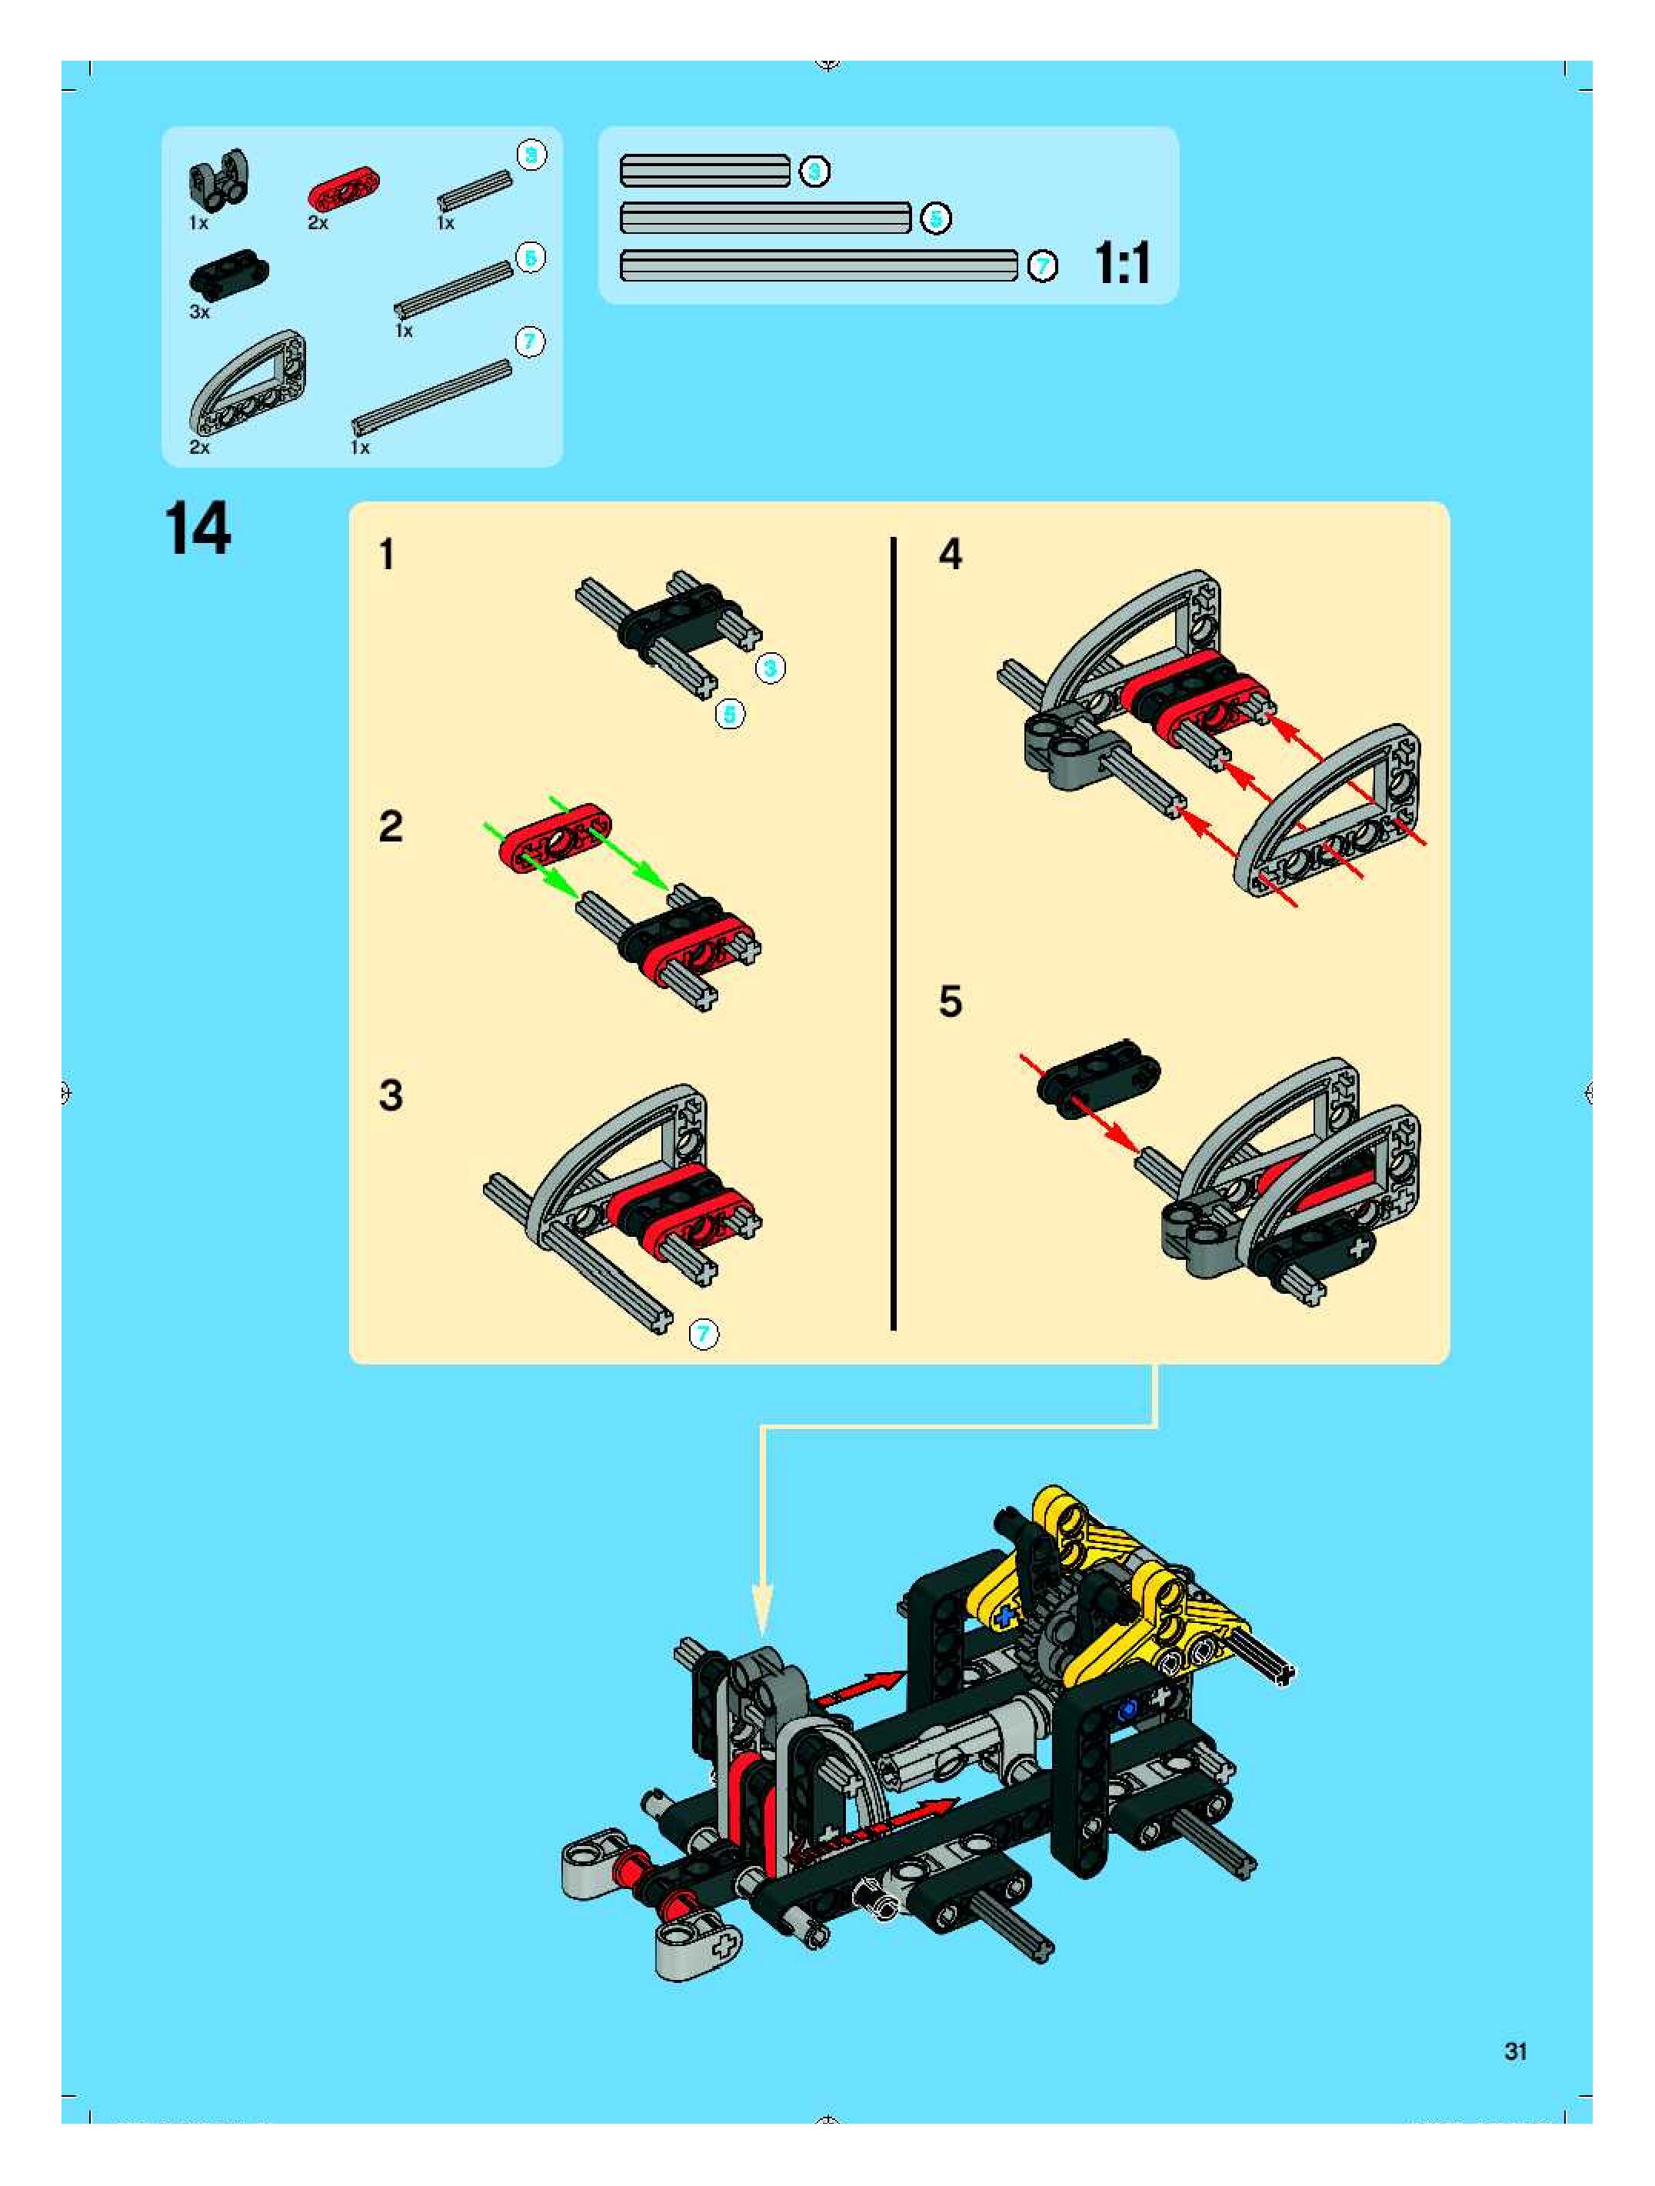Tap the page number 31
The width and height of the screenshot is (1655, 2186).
pyautogui.click(x=1515, y=2051)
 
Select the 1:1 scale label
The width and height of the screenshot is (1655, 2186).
pyautogui.click(x=1123, y=264)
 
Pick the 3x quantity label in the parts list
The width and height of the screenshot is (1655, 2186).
pyautogui.click(x=200, y=312)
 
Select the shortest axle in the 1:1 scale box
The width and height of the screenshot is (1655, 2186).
pyautogui.click(x=704, y=171)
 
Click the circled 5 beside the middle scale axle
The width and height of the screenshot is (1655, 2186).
pyautogui.click(x=934, y=218)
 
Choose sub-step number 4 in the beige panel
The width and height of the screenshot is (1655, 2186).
pyautogui.click(x=950, y=555)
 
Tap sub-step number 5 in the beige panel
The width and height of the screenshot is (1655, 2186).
pyautogui.click(x=950, y=1001)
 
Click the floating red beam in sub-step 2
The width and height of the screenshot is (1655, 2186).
pyautogui.click(x=555, y=838)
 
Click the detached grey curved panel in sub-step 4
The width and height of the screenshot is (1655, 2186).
pyautogui.click(x=1329, y=811)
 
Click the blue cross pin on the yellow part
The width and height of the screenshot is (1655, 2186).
pyautogui.click(x=1005, y=1617)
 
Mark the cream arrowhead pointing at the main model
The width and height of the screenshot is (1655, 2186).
pyautogui.click(x=763, y=1610)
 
